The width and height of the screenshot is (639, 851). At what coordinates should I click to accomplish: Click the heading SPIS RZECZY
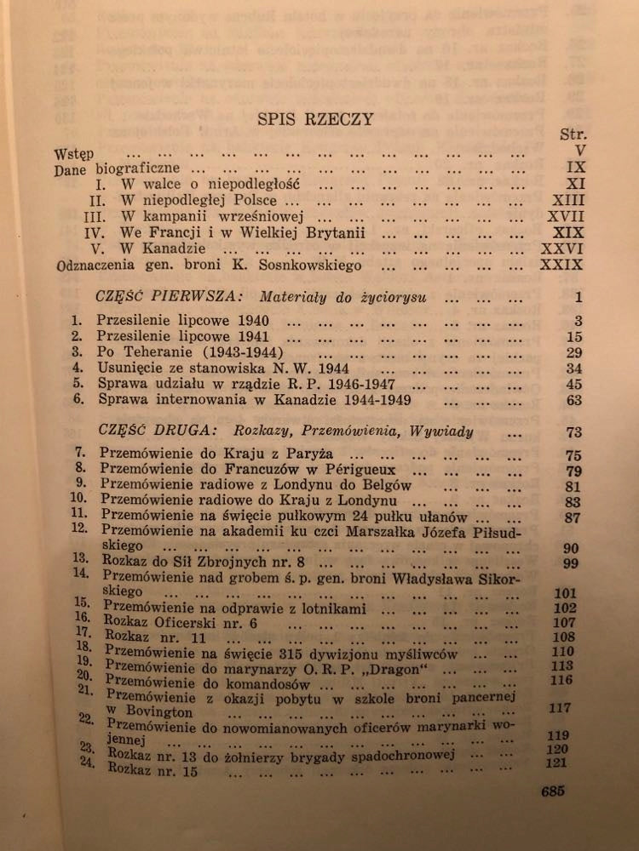315,119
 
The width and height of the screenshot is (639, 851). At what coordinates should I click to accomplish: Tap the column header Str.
573,134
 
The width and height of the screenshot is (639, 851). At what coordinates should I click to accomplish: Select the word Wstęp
72,153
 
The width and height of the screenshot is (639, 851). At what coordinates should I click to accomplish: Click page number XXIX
561,265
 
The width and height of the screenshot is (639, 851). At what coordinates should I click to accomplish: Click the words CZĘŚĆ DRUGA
141,431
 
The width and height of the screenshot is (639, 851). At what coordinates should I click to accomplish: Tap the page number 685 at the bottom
553,791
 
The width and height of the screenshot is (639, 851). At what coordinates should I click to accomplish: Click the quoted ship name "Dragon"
375,666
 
